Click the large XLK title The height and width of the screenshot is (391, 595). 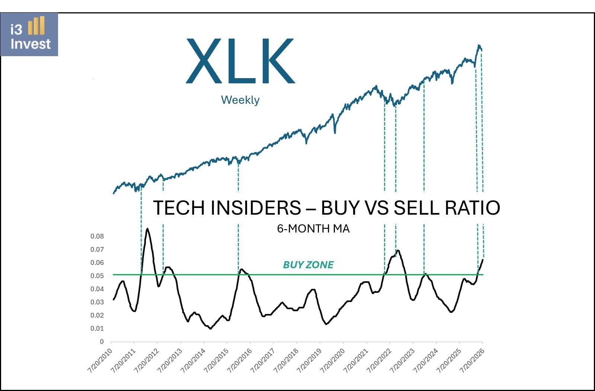240,61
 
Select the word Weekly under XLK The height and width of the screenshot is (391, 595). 240,100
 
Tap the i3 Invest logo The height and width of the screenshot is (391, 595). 29,34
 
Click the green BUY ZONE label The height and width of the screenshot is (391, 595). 308,265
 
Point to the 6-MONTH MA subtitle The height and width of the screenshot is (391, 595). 313,229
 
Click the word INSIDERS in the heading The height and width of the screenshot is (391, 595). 256,208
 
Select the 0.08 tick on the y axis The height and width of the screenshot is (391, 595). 97,236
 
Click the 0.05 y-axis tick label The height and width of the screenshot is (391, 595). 97,276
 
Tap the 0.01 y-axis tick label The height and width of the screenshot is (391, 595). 97,328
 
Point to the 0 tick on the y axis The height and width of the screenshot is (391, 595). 102,342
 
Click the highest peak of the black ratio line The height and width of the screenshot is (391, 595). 147,228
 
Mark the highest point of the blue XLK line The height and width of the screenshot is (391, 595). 479,45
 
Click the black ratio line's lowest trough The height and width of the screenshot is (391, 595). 211,329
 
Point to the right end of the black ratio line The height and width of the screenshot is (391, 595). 483,260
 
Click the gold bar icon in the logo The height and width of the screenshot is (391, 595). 36,25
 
